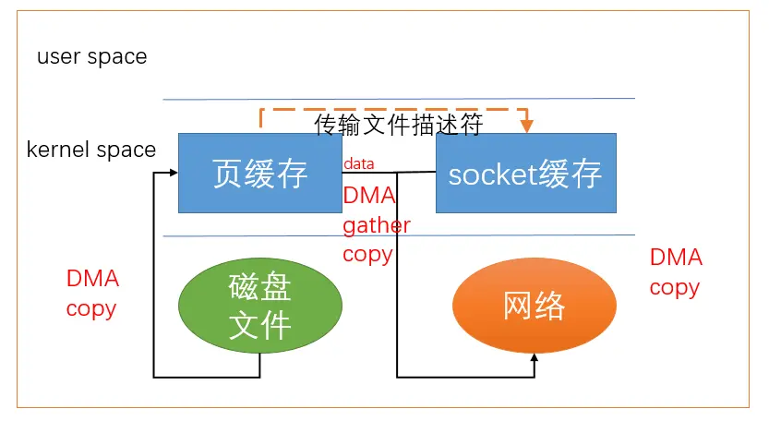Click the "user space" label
click(x=91, y=57)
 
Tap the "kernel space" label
click(x=91, y=150)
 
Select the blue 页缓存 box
click(x=259, y=174)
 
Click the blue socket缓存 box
click(x=525, y=174)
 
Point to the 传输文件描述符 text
click(x=398, y=126)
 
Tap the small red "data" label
click(x=359, y=163)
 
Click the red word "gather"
click(x=377, y=225)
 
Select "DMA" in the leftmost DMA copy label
click(x=92, y=279)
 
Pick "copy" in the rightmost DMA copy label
click(x=674, y=287)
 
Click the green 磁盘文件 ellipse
click(x=259, y=307)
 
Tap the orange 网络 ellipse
click(x=535, y=306)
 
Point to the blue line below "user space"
click(x=399, y=99)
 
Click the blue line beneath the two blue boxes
click(x=399, y=236)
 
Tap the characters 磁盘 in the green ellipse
click(x=259, y=289)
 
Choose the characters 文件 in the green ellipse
click(x=259, y=325)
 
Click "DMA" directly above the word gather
click(x=368, y=196)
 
